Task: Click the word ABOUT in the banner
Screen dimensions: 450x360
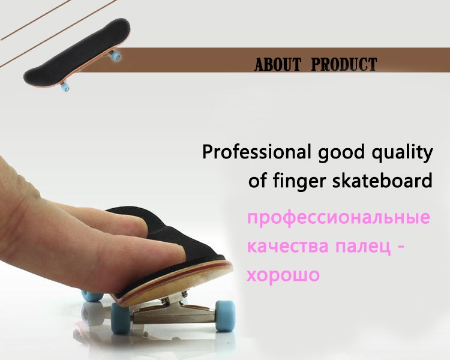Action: pyautogui.click(x=278, y=64)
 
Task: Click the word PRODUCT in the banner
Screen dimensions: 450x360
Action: pyautogui.click(x=344, y=64)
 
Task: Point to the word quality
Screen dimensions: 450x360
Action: pyautogui.click(x=402, y=153)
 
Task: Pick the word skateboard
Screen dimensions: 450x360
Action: pyautogui.click(x=382, y=181)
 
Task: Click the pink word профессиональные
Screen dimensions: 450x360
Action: pyautogui.click(x=338, y=218)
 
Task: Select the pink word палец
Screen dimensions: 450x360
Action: pyautogui.click(x=364, y=247)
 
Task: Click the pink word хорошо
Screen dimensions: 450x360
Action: pyautogui.click(x=283, y=275)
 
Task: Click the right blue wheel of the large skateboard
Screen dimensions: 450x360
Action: pyautogui.click(x=226, y=316)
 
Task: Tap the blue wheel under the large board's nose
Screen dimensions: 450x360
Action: pyautogui.click(x=121, y=318)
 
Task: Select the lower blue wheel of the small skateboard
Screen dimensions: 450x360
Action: pyautogui.click(x=65, y=86)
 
